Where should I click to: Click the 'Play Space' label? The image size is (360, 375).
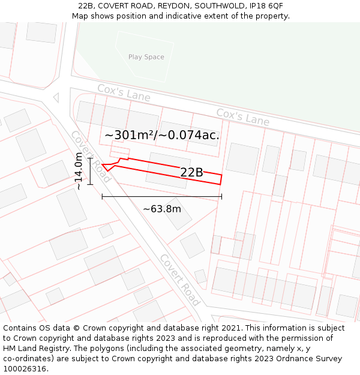click(x=146, y=57)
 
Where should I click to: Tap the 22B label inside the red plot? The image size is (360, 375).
click(x=191, y=173)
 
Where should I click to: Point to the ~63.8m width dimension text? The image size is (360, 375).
click(x=161, y=209)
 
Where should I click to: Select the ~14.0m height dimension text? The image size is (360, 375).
click(x=79, y=171)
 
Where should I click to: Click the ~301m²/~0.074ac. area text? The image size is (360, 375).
click(x=162, y=136)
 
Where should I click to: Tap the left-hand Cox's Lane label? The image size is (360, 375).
click(x=124, y=92)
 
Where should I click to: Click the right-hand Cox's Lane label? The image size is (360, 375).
click(x=242, y=117)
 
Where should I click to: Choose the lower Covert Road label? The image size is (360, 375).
click(x=179, y=280)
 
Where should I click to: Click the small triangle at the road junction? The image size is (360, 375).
click(x=56, y=97)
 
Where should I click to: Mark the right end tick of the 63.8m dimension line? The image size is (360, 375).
click(x=221, y=196)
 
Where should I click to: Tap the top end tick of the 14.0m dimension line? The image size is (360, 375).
click(x=90, y=158)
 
